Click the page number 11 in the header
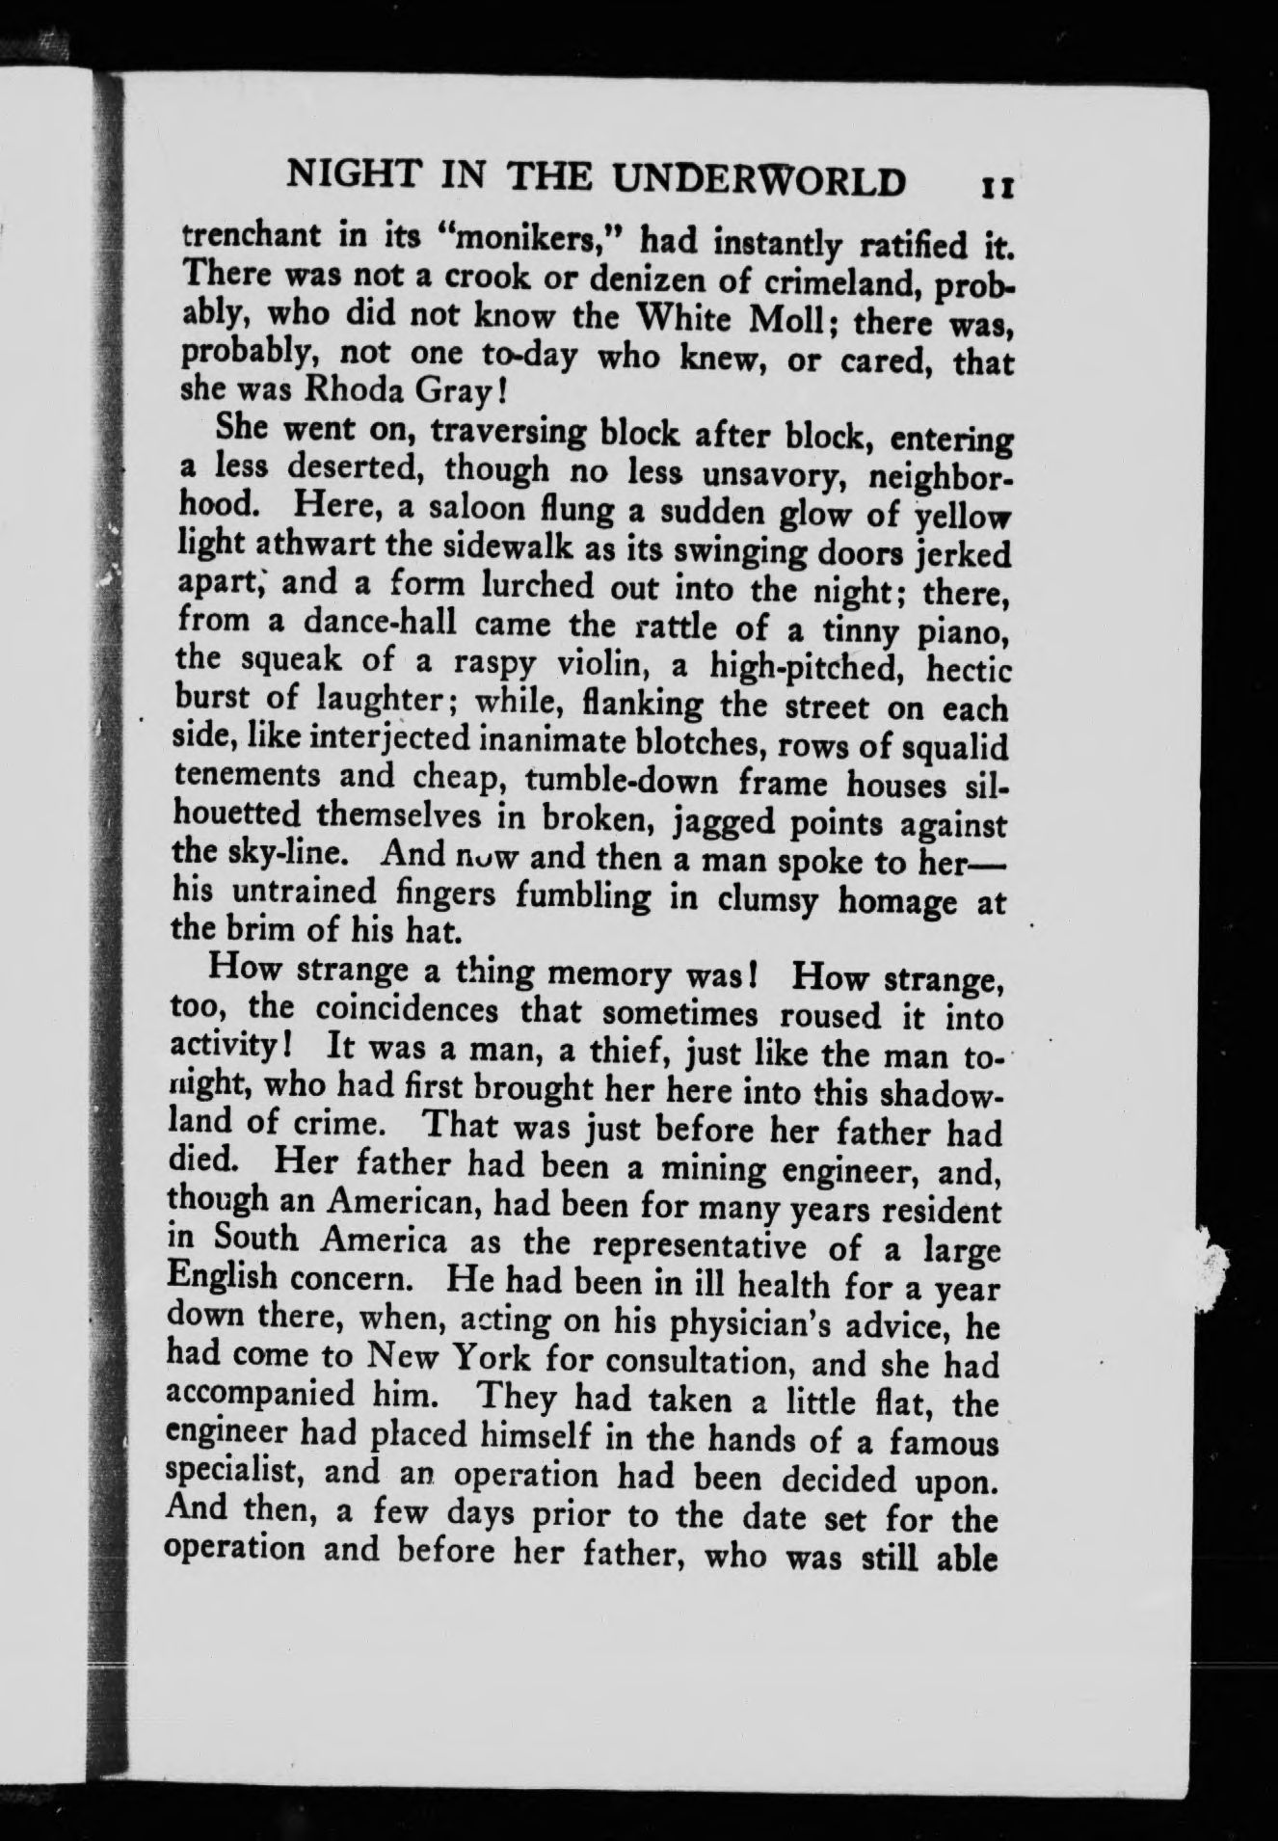coord(994,184)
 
